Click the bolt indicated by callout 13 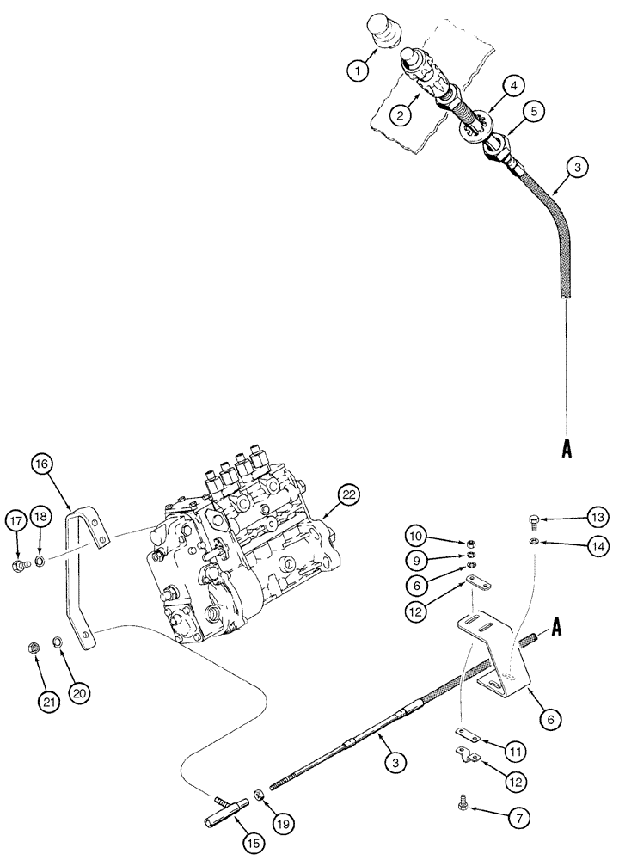point(533,521)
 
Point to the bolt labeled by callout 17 point(18,565)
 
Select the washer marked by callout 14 point(533,541)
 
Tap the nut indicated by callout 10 point(472,544)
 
